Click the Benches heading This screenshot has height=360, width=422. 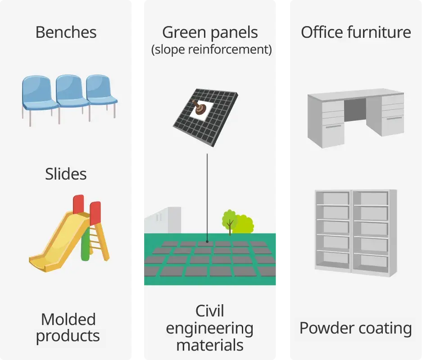click(x=66, y=32)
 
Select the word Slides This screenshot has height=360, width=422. click(x=66, y=174)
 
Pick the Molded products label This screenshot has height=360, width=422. click(x=68, y=328)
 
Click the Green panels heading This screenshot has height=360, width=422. click(x=210, y=32)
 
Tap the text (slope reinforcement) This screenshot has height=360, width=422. click(x=211, y=49)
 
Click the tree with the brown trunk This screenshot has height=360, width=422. click(x=230, y=220)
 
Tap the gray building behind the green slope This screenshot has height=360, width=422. click(x=162, y=220)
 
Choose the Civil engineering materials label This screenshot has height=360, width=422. click(x=210, y=328)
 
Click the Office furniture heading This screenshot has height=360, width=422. click(x=356, y=32)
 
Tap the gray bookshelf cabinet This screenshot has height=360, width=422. click(x=355, y=231)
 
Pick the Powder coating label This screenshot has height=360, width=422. click(x=356, y=328)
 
